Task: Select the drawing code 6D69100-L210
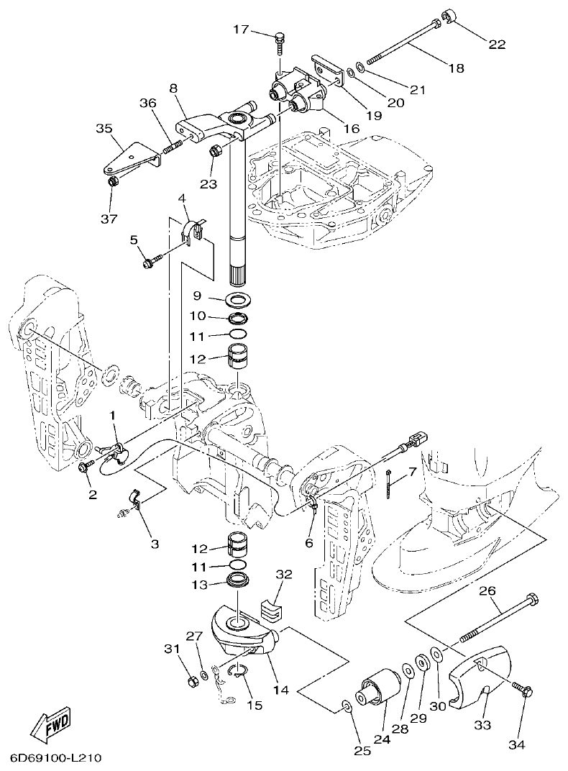55,759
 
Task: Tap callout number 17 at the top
241,29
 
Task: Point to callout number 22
497,44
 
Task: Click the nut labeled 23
214,151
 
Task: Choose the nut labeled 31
191,680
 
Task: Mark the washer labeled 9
239,297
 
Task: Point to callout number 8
173,88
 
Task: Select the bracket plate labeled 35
129,160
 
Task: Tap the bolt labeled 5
150,263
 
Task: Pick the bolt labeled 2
83,467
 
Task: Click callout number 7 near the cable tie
412,473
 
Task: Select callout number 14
280,690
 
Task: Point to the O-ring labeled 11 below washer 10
239,335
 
